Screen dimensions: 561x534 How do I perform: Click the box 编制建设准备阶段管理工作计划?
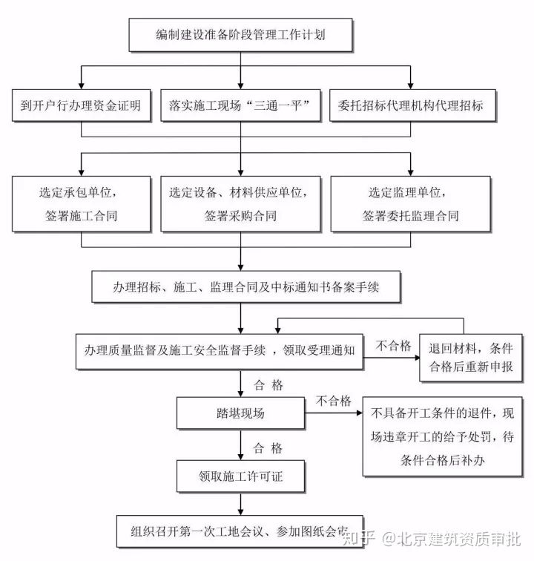tap(241, 34)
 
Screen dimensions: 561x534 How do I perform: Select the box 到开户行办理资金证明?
tap(81, 106)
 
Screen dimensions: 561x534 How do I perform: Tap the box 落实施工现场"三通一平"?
tap(240, 106)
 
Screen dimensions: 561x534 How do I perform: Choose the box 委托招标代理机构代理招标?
tap(410, 106)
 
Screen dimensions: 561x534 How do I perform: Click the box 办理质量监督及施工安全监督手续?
tap(220, 350)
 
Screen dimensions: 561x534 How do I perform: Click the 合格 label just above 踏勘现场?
tap(268, 384)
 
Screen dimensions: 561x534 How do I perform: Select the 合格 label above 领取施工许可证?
tap(268, 448)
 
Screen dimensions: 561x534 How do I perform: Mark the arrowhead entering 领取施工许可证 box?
tap(240, 457)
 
